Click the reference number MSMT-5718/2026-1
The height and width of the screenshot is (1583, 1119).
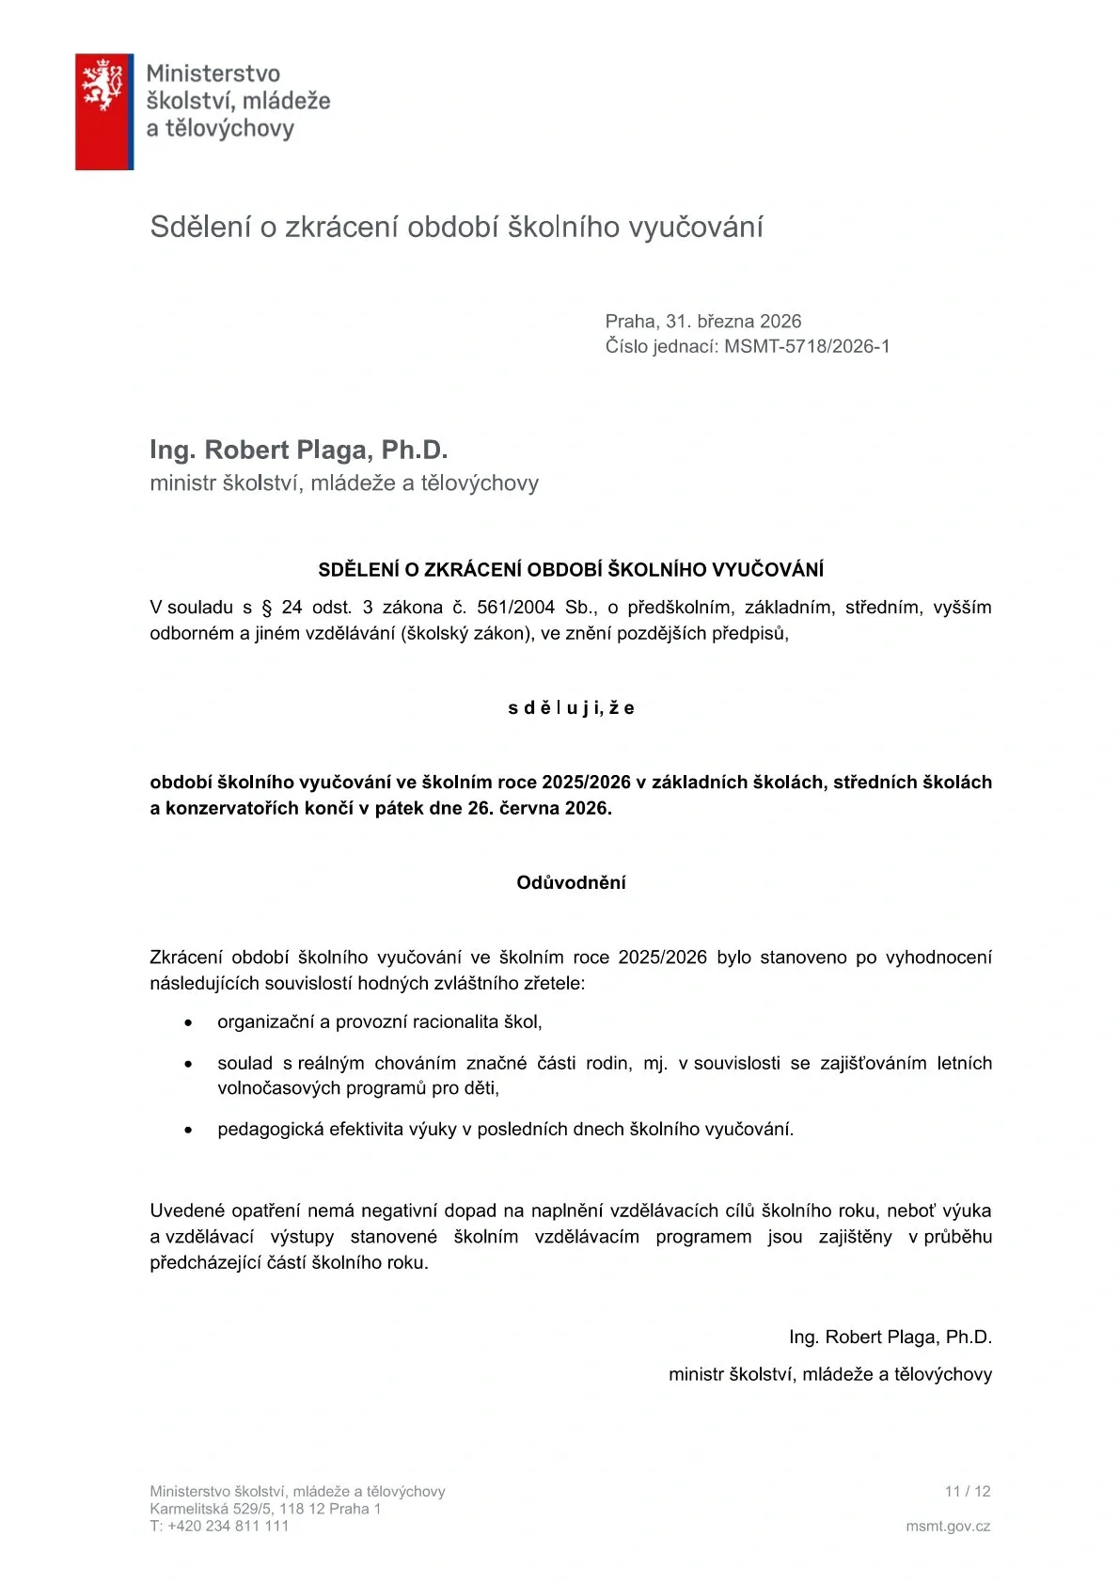pyautogui.click(x=807, y=346)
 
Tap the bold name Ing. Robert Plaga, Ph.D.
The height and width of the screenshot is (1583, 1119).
pyautogui.click(x=298, y=450)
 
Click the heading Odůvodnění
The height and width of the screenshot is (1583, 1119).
pyautogui.click(x=571, y=882)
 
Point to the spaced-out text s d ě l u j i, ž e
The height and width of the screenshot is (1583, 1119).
pyautogui.click(x=571, y=708)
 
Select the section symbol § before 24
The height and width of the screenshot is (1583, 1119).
pyautogui.click(x=267, y=608)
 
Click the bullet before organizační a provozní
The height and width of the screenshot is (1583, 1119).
pyautogui.click(x=189, y=1022)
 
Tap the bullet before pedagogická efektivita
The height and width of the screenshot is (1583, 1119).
pyautogui.click(x=189, y=1130)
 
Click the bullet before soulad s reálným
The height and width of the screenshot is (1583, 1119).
pyautogui.click(x=189, y=1064)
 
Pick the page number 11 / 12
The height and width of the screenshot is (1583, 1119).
pyautogui.click(x=968, y=1491)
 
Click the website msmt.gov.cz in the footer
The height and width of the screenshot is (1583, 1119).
pyautogui.click(x=948, y=1527)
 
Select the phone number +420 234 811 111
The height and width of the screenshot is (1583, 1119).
pyautogui.click(x=229, y=1527)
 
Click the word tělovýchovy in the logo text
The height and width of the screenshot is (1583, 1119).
pyautogui.click(x=229, y=128)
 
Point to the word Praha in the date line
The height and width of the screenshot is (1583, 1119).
pyautogui.click(x=630, y=321)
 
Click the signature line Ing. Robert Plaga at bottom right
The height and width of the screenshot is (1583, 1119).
pyautogui.click(x=890, y=1337)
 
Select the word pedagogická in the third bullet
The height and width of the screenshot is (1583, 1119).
pyautogui.click(x=270, y=1130)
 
